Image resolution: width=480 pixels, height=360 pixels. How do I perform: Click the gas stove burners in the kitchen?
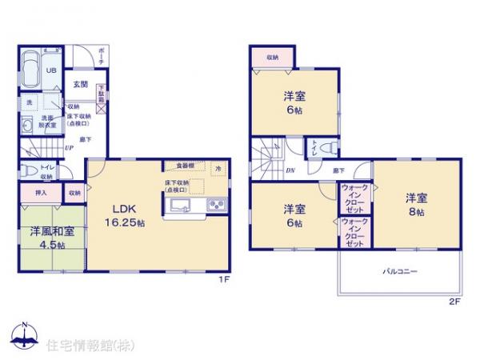click(216, 206)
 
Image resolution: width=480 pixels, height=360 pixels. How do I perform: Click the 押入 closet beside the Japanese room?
click(41, 193)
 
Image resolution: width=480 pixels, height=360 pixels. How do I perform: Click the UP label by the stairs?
click(70, 147)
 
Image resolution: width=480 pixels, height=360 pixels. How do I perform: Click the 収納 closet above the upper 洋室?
click(273, 58)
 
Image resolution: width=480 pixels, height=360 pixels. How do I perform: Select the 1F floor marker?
click(226, 281)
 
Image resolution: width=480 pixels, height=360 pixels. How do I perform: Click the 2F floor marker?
click(454, 302)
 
